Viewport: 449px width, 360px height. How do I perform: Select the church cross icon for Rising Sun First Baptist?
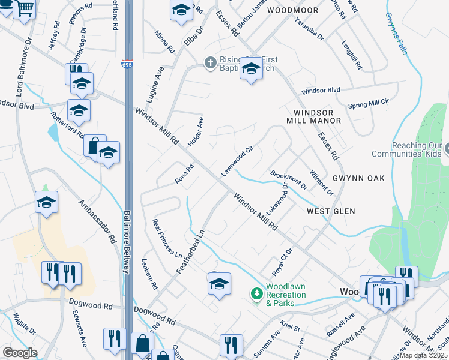(x=210, y=62)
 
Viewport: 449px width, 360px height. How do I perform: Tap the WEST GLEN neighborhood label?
(x=331, y=211)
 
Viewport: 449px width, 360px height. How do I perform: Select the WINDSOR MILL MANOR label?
(x=317, y=117)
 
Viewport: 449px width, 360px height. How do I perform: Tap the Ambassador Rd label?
(x=97, y=221)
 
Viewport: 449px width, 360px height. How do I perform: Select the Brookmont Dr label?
(x=289, y=179)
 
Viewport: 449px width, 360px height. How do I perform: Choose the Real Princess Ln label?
(x=167, y=238)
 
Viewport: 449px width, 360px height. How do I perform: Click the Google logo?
(x=20, y=353)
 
